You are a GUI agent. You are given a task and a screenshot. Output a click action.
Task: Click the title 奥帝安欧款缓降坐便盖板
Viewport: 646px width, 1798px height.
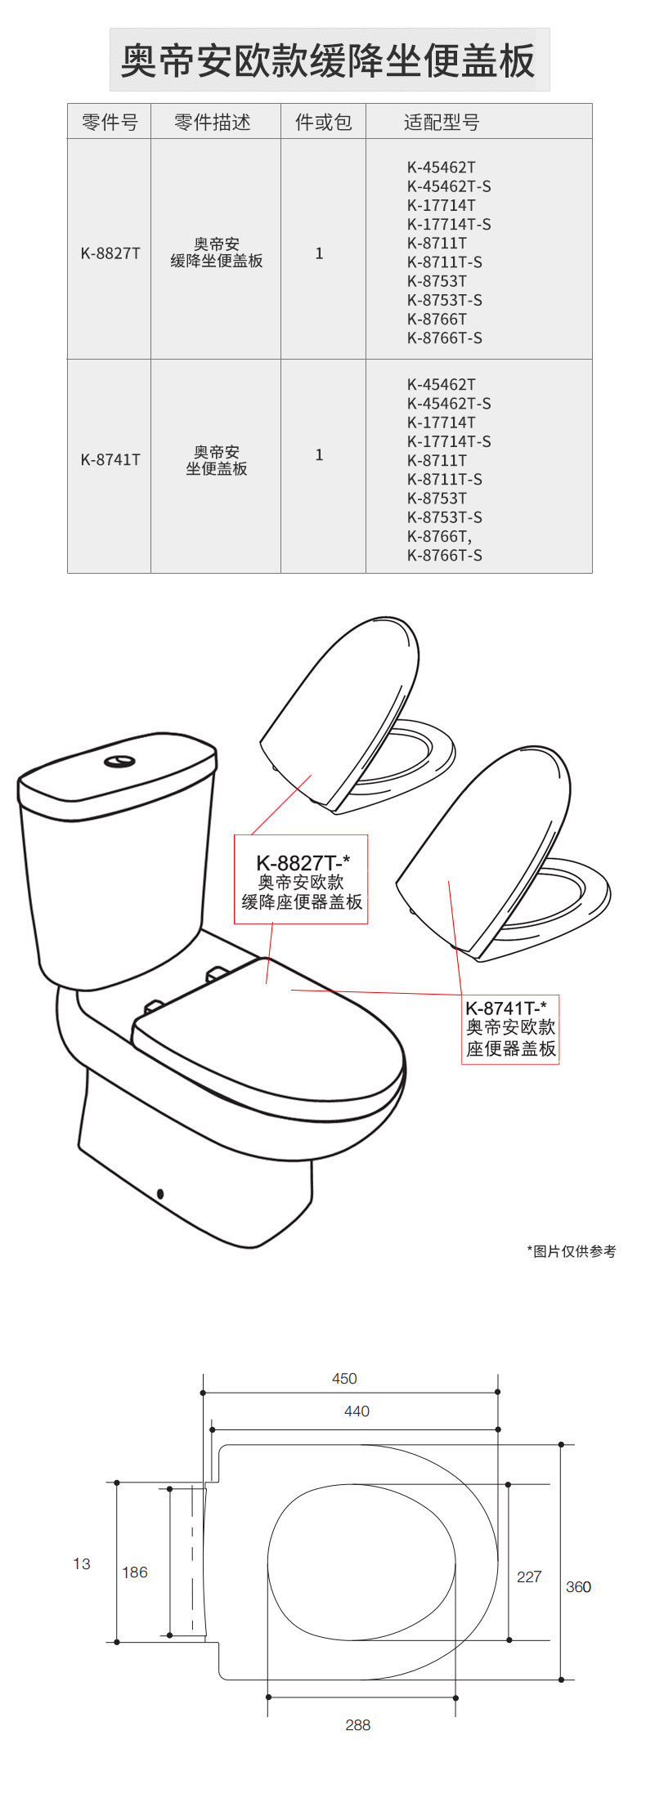[329, 60]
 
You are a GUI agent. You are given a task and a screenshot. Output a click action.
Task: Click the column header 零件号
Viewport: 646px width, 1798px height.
[110, 122]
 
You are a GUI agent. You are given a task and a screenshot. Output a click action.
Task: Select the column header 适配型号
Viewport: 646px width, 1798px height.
[442, 122]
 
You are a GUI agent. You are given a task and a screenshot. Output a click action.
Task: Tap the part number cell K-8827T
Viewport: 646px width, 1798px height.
[110, 253]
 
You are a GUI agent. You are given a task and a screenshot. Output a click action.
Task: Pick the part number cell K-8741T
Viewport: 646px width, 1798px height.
[110, 459]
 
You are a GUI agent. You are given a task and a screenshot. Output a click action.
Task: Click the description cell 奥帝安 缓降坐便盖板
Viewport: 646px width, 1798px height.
[217, 253]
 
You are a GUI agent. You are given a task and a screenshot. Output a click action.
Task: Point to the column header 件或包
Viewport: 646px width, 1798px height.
[324, 122]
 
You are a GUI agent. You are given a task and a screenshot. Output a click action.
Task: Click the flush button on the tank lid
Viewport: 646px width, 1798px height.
[119, 762]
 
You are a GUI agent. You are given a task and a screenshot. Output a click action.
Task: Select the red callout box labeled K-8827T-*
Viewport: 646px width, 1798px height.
[301, 879]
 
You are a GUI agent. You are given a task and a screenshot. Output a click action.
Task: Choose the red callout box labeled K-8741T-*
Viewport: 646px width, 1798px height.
[510, 1030]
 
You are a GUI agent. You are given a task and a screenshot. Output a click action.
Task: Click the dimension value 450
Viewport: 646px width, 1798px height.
[344, 1379]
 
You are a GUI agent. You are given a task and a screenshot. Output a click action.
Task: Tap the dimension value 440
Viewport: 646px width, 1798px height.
[357, 1411]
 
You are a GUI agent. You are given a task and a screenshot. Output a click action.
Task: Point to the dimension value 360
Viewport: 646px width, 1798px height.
[578, 1587]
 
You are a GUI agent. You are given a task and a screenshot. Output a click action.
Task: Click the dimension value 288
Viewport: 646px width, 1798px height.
[358, 1725]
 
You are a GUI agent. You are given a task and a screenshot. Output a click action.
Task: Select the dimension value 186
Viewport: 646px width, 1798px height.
[135, 1572]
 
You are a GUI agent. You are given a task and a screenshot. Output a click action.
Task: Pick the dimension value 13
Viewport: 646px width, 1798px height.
[82, 1564]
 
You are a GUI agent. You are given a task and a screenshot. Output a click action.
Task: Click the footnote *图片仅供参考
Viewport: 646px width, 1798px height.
[572, 1251]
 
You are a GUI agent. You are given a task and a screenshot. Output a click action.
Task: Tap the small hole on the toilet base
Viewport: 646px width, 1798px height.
[160, 1194]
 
